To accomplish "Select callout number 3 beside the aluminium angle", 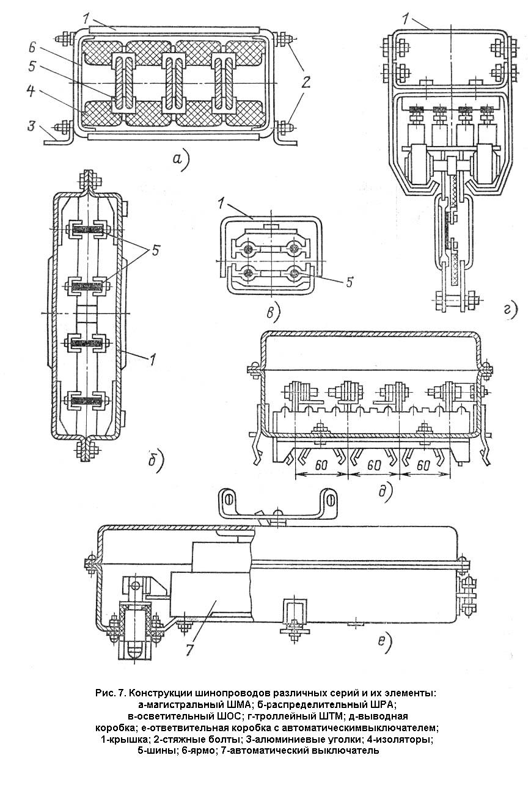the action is (x=32, y=125).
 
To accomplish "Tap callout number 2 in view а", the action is (x=306, y=82).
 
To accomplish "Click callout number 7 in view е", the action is (x=189, y=649).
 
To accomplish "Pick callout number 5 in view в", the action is (x=350, y=282).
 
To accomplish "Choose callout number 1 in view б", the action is (x=152, y=360).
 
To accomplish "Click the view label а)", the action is (x=181, y=161).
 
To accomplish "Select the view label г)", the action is (x=510, y=310).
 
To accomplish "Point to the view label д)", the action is (x=386, y=492).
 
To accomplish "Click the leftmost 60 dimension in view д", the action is (x=321, y=465).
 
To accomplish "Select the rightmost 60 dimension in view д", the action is (x=423, y=465).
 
